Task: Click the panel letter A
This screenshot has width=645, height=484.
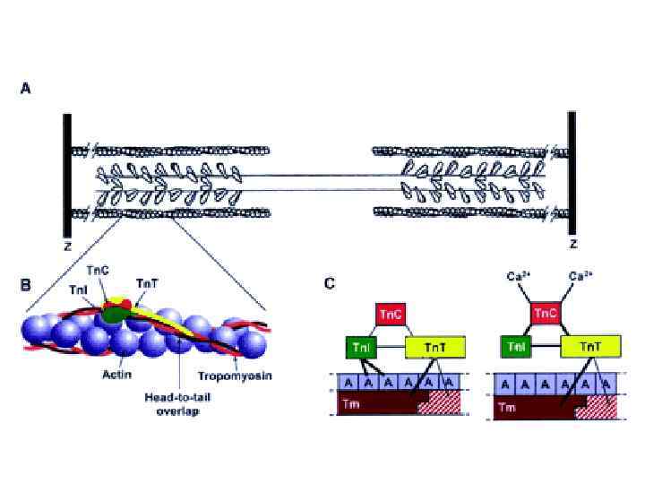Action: [x=26, y=89]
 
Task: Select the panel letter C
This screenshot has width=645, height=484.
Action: [x=330, y=284]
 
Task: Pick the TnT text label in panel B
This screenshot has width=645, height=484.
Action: [x=147, y=284]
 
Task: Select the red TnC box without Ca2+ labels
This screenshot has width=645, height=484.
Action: [x=391, y=315]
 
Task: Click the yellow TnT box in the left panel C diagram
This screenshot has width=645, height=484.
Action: [x=434, y=347]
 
